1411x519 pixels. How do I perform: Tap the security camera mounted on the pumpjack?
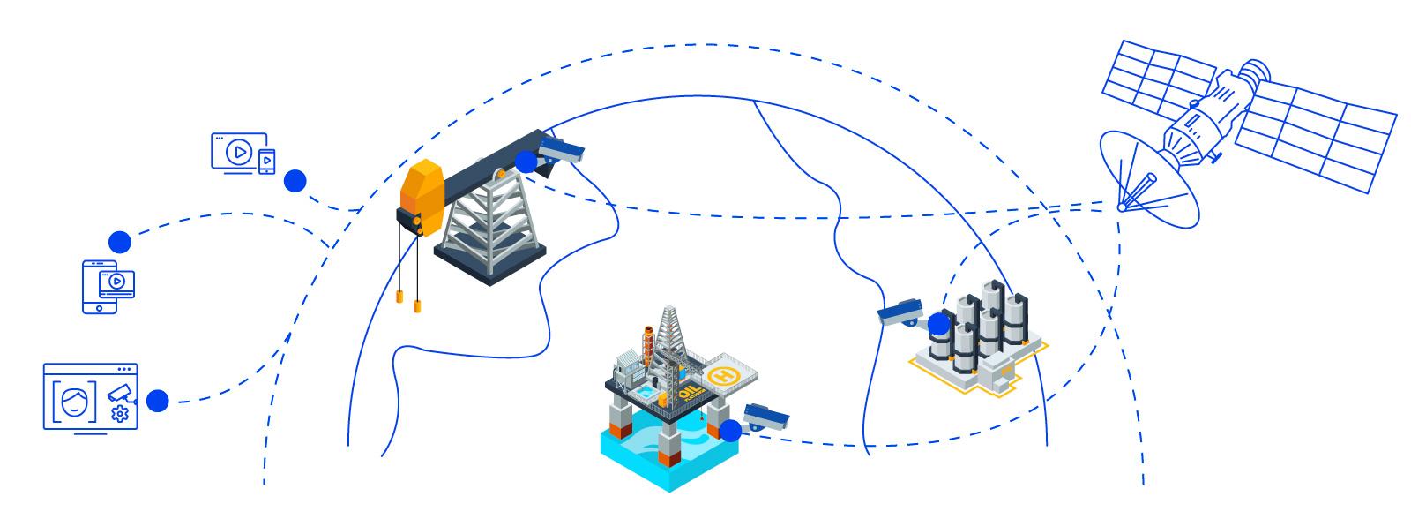(563, 149)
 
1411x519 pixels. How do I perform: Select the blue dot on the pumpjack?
(526, 162)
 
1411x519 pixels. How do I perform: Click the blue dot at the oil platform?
(730, 431)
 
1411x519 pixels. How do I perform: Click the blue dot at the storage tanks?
(939, 325)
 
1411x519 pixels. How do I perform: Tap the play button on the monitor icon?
(236, 152)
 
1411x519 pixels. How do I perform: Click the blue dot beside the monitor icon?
(295, 181)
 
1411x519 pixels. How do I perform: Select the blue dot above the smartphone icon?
(119, 241)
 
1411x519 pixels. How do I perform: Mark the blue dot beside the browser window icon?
(157, 401)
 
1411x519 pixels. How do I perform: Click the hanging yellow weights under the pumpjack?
(408, 300)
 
